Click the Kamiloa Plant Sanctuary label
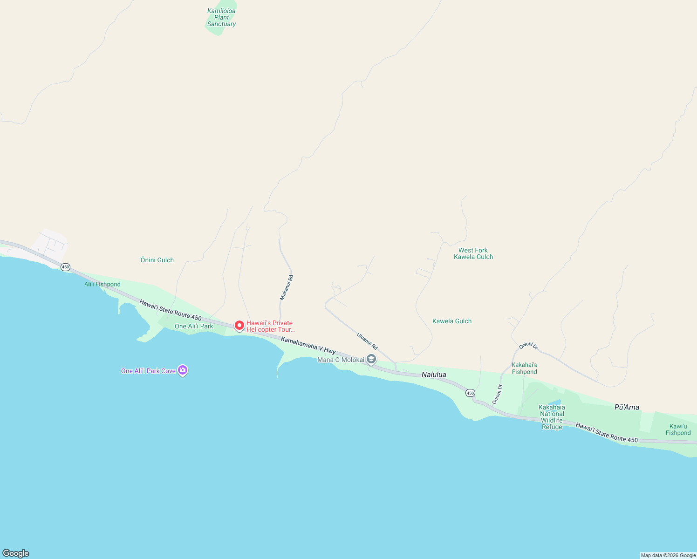point(221,18)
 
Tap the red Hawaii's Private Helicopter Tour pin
point(239,326)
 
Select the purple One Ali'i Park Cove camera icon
point(183,370)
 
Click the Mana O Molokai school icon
point(371,359)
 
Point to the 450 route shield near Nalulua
point(470,393)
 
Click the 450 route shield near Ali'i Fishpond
point(65,267)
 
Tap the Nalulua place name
point(434,375)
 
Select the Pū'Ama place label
point(627,407)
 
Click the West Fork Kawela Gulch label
point(473,253)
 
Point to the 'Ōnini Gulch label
point(157,260)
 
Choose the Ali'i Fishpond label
point(102,284)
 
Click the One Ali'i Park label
point(194,326)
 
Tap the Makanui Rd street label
point(287,287)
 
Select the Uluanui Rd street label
point(367,341)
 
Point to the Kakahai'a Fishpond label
point(525,368)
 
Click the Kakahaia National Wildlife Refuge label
point(552,417)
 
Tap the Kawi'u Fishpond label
point(678,429)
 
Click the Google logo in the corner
point(16,553)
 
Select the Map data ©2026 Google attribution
point(668,555)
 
